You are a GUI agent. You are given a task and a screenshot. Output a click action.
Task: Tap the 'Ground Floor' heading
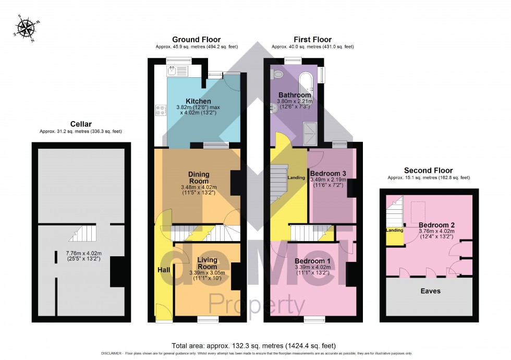pyautogui.click(x=196, y=40)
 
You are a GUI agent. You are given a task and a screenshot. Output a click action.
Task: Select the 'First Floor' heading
pyautogui.click(x=312, y=40)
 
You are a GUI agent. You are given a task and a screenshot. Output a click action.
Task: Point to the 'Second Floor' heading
pyautogui.click(x=429, y=170)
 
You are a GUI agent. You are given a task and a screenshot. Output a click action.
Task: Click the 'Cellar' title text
pyautogui.click(x=80, y=124)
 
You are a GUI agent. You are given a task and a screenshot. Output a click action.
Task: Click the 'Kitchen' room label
pyautogui.click(x=199, y=101)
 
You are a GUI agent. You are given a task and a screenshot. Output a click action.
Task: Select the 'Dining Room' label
pyautogui.click(x=199, y=177)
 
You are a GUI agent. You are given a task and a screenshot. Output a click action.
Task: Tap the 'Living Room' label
pyautogui.click(x=207, y=263)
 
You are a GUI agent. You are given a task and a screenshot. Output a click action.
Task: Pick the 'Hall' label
pyautogui.click(x=164, y=270)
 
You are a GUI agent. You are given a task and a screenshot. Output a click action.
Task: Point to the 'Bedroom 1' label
pyautogui.click(x=312, y=261)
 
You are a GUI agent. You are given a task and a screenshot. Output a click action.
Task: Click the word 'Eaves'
pyautogui.click(x=430, y=291)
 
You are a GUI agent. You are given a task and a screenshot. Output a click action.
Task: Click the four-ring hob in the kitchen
pyautogui.click(x=161, y=110)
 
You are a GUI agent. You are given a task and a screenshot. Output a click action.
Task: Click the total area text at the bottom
pyautogui.click(x=253, y=345)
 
